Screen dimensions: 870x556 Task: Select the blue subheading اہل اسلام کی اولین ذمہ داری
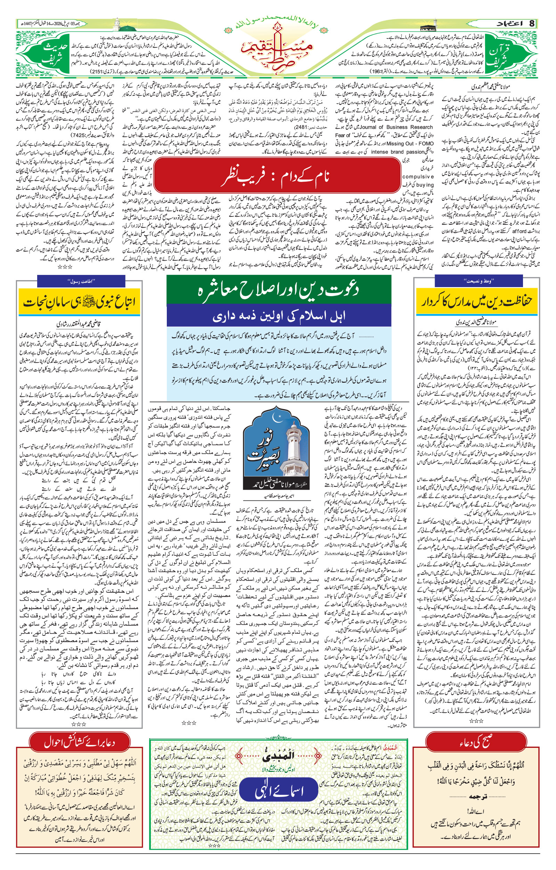tap(278, 315)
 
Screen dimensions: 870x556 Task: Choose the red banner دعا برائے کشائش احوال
tap(80, 743)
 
